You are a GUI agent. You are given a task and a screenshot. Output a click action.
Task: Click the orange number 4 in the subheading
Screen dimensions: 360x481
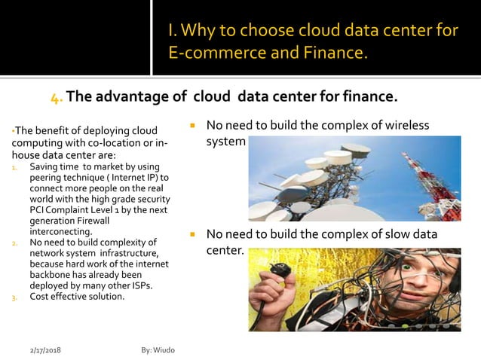click(x=56, y=98)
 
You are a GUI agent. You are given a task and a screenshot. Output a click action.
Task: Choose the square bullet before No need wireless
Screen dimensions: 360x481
click(x=193, y=125)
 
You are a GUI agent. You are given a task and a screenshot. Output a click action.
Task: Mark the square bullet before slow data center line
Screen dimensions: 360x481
click(x=193, y=234)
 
